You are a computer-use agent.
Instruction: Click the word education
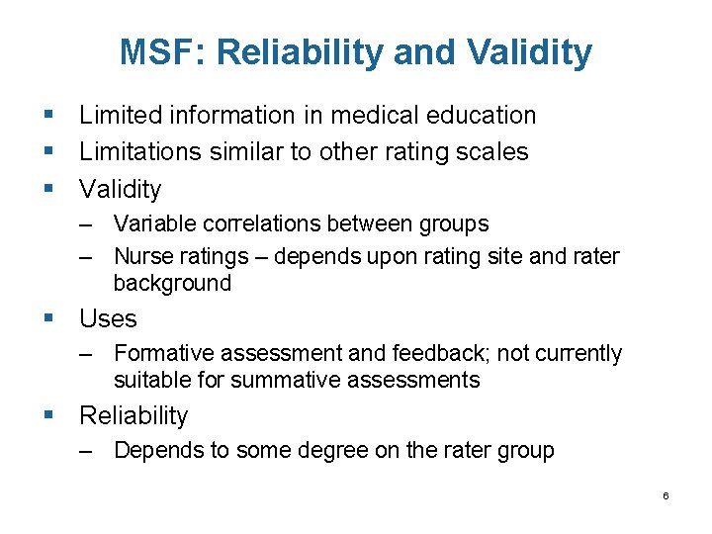pos(480,116)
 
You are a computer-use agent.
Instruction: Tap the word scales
pos(494,152)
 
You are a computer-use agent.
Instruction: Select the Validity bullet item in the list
pos(120,189)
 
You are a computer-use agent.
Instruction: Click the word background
pos(172,283)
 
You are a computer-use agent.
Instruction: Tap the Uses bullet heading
pos(108,319)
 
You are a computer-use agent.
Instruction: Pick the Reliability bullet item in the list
pos(133,416)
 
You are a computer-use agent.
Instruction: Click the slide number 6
pos(666,495)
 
